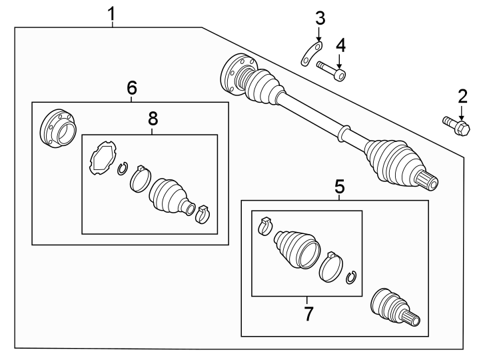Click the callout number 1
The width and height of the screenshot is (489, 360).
112,13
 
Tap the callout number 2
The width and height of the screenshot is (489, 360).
462,95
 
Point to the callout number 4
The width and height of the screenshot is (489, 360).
340,45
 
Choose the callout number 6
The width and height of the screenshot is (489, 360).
131,87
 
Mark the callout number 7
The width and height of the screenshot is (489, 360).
308,314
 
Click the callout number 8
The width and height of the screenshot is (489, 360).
153,119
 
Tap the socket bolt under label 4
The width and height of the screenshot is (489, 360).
332,71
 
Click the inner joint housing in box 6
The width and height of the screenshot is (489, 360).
57,129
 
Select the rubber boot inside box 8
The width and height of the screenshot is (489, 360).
170,195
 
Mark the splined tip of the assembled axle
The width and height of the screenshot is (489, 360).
428,180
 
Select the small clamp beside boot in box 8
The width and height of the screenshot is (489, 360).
203,213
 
